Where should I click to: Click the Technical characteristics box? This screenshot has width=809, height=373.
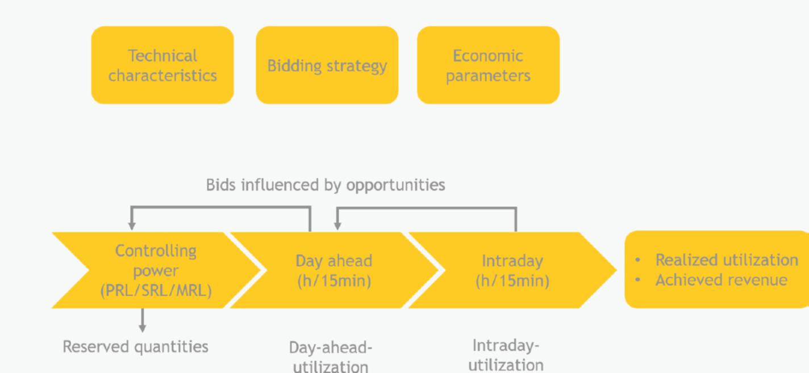tap(162, 65)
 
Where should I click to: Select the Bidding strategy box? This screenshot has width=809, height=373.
tap(327, 65)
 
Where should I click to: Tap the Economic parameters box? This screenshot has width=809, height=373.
tap(488, 65)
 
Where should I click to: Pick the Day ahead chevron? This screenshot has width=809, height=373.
tap(334, 270)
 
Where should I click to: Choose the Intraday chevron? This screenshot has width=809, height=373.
tap(512, 270)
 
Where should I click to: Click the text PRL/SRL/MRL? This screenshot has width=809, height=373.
tap(156, 290)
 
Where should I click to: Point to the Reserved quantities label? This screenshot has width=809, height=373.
tap(135, 347)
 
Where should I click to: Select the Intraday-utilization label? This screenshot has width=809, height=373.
tap(506, 355)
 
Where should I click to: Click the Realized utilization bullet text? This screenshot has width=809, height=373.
tap(727, 260)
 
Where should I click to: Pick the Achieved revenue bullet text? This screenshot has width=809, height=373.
tap(722, 280)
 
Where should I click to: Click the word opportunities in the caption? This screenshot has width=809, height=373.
tap(395, 185)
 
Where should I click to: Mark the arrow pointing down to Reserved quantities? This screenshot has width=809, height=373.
tap(143, 320)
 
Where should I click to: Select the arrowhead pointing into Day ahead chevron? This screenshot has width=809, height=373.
tap(337, 226)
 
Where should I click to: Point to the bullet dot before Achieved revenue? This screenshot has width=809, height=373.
tap(638, 280)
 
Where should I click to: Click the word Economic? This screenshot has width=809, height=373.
tap(488, 56)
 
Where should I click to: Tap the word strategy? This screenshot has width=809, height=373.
tap(357, 67)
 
